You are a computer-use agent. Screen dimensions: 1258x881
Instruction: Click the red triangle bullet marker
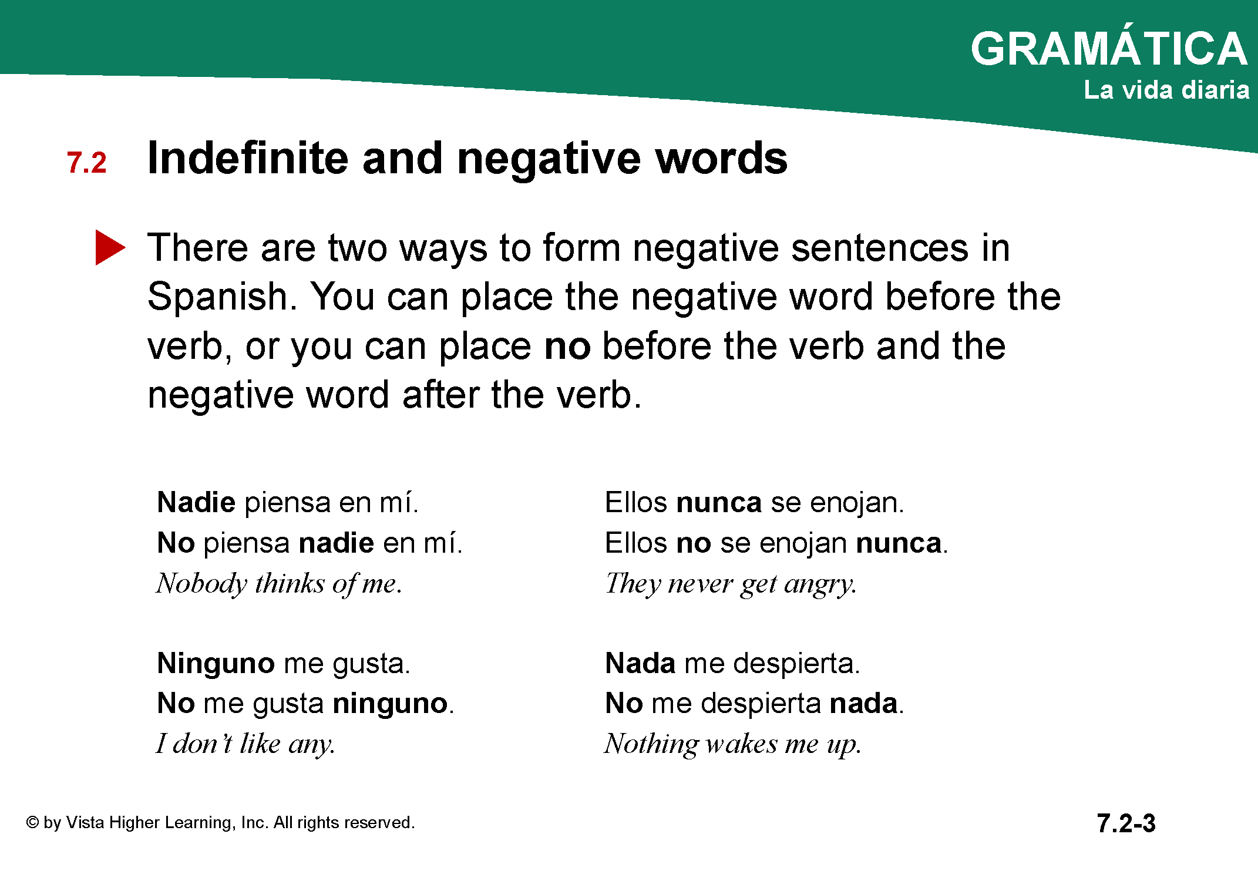pyautogui.click(x=109, y=247)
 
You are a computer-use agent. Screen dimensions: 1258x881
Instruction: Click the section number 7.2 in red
pyautogui.click(x=86, y=163)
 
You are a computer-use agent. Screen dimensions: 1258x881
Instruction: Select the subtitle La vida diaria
pyautogui.click(x=1166, y=90)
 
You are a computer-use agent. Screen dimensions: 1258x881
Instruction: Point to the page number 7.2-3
pyautogui.click(x=1126, y=823)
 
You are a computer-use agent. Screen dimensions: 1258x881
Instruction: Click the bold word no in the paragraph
pyautogui.click(x=567, y=346)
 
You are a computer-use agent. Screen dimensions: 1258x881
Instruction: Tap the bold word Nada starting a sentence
pyautogui.click(x=640, y=663)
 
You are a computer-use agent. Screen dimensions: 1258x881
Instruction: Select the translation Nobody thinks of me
pyautogui.click(x=279, y=584)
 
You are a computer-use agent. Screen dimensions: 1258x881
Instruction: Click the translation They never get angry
pyautogui.click(x=731, y=584)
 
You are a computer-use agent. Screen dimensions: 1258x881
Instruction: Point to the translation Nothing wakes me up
pyautogui.click(x=733, y=744)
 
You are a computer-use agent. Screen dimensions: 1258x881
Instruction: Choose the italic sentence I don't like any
pyautogui.click(x=245, y=744)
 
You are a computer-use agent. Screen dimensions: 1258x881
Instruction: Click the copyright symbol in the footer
pyautogui.click(x=32, y=822)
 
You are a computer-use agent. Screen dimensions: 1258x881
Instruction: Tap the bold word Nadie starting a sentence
pyautogui.click(x=197, y=503)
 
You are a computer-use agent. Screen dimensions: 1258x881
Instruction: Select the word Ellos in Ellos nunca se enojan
pyautogui.click(x=636, y=503)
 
